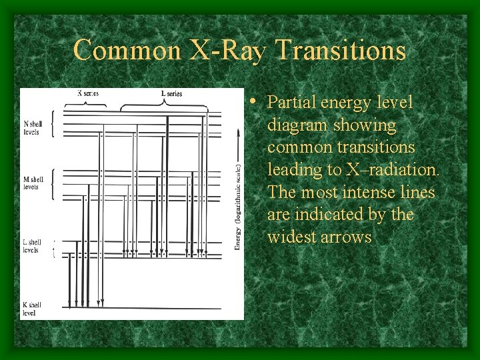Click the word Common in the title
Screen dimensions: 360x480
(x=127, y=51)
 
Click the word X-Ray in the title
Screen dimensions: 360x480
(x=227, y=51)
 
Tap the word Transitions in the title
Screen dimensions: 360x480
(x=340, y=51)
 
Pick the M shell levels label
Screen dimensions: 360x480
(x=32, y=183)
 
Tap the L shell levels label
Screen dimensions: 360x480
(x=31, y=246)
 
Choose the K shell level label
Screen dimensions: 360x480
(x=30, y=309)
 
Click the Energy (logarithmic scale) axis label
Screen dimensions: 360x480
(x=237, y=207)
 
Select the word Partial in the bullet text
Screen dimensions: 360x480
(x=291, y=103)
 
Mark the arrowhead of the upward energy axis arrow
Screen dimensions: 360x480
(x=237, y=131)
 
